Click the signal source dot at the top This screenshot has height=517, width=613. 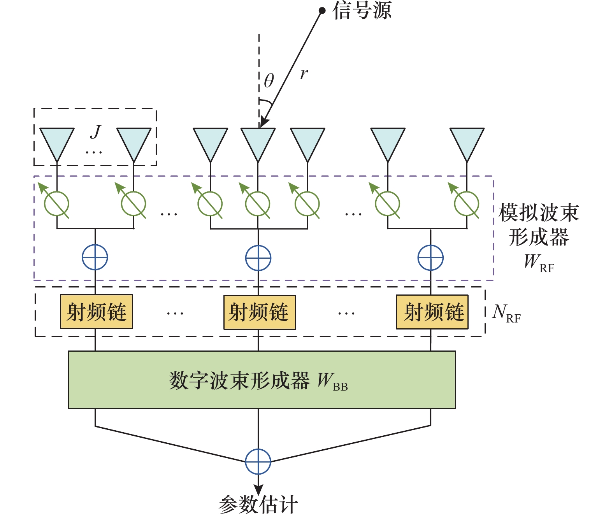[x=322, y=11]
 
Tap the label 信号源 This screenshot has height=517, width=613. [x=362, y=11]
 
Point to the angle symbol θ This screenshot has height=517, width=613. [x=269, y=81]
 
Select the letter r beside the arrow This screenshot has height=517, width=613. [x=304, y=73]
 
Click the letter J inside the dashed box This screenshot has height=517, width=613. [x=96, y=132]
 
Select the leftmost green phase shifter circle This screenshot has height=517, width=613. [x=57, y=204]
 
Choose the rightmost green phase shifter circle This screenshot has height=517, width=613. [x=467, y=204]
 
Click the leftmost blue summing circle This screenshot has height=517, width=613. [x=95, y=257]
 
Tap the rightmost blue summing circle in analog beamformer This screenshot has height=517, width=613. [x=430, y=258]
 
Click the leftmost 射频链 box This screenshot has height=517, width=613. [x=97, y=312]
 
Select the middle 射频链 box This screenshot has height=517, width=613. [x=260, y=312]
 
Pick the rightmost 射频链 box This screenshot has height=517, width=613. [x=432, y=312]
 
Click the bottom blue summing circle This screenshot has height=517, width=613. [x=258, y=462]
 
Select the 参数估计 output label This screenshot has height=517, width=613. [x=258, y=505]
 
